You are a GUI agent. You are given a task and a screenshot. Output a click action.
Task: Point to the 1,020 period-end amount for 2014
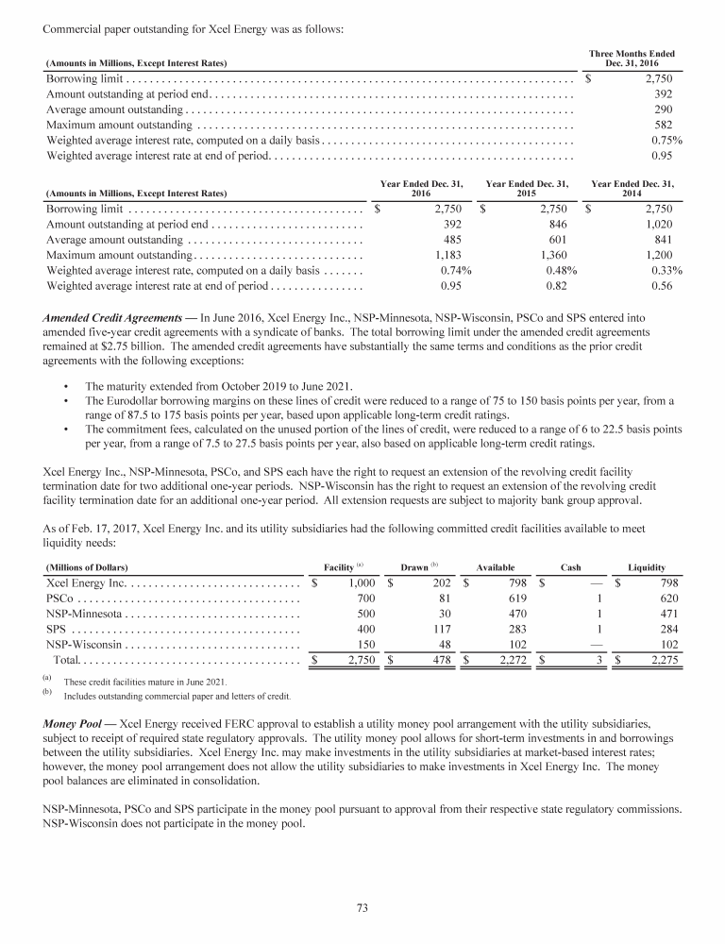click(659, 225)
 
